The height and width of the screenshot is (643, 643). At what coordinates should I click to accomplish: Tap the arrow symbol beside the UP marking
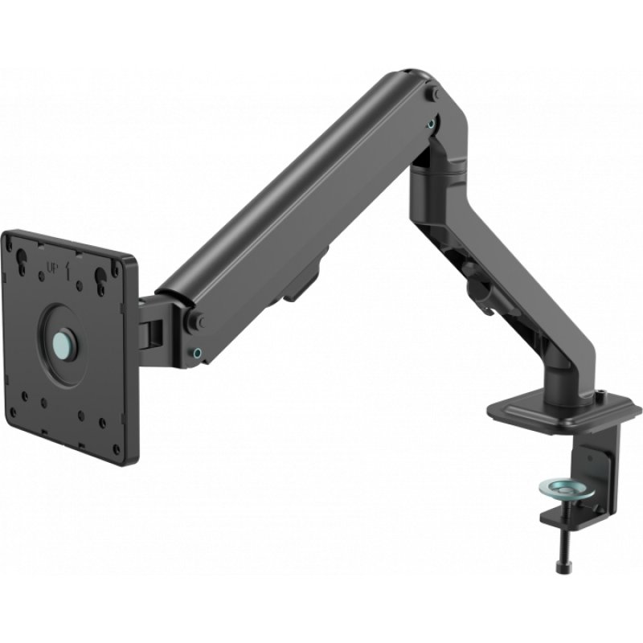tap(71, 269)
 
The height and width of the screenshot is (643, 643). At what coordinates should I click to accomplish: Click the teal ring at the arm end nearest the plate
tap(197, 351)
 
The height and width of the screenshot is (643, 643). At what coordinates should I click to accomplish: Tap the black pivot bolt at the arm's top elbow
tap(434, 94)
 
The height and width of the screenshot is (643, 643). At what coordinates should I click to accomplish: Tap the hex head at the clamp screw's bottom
tap(561, 567)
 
